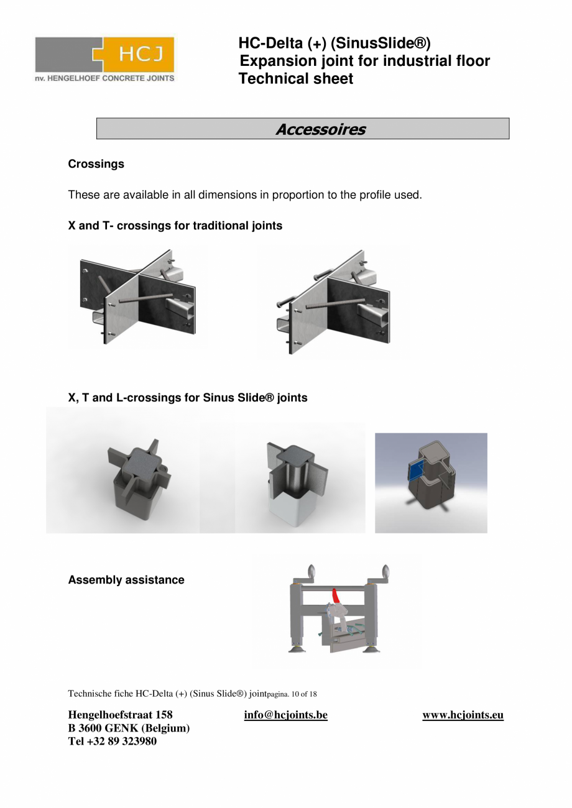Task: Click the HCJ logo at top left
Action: tap(104, 59)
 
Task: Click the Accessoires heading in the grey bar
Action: tap(320, 129)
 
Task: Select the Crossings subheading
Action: tap(96, 164)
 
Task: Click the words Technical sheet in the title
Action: tap(295, 79)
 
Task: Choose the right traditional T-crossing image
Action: tap(333, 302)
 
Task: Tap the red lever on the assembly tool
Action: tap(336, 596)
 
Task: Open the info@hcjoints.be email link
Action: tap(285, 715)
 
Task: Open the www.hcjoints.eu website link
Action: tap(463, 715)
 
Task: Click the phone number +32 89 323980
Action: tap(122, 741)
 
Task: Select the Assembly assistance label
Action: tap(126, 580)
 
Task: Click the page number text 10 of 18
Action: tap(304, 694)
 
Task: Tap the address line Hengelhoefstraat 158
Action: tap(120, 715)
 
